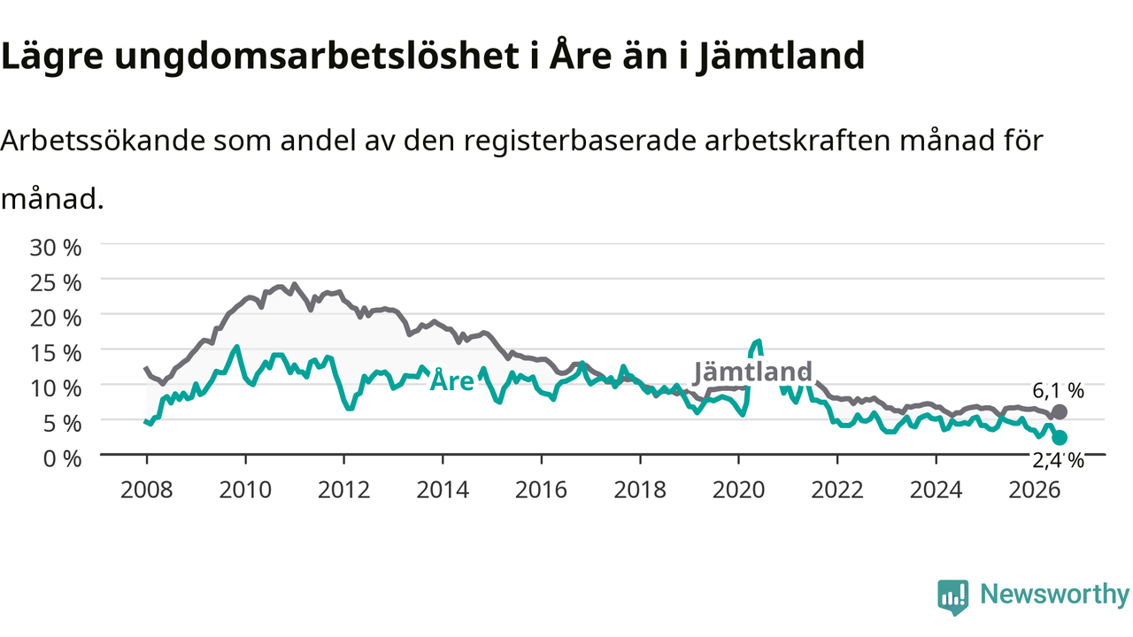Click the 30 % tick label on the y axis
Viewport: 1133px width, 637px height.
point(56,249)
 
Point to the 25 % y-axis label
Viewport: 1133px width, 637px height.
point(56,283)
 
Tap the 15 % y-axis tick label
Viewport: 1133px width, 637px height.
point(56,353)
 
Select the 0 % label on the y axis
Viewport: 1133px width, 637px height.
point(62,459)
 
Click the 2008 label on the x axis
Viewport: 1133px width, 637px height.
point(147,490)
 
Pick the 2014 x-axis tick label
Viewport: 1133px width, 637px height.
point(443,490)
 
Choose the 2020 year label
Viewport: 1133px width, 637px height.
point(738,490)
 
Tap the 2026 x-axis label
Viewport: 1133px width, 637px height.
point(1035,490)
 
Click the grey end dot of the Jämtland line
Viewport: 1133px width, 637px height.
point(1060,412)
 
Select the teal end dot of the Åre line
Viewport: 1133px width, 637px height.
point(1060,438)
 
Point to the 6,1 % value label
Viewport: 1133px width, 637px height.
point(1058,391)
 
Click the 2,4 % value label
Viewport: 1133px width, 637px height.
point(1058,461)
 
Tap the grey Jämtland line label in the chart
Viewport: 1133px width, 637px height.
point(752,372)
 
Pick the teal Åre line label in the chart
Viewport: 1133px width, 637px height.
point(451,380)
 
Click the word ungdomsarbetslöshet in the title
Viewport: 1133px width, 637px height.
point(317,57)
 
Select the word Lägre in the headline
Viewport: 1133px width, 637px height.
point(52,57)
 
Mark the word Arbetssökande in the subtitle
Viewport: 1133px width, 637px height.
point(104,140)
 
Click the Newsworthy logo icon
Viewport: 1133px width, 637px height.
point(953,597)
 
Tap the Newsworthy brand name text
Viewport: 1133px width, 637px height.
point(1055,595)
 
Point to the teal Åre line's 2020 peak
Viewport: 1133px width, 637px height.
point(758,342)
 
